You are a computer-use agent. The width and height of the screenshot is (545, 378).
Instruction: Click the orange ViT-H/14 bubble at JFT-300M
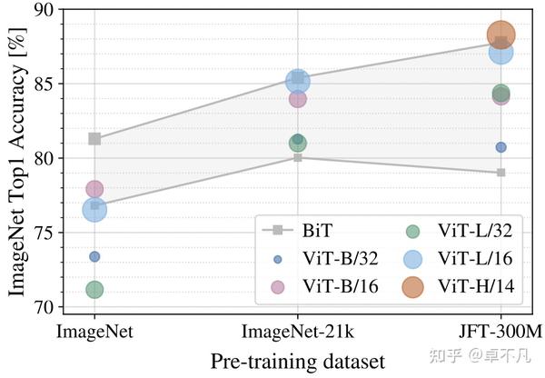501,35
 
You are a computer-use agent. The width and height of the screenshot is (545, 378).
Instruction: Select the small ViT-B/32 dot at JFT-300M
501,147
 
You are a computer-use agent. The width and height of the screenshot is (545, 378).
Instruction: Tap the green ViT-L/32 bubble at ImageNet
94,290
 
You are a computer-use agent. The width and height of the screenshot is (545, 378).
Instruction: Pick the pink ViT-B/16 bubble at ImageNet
94,189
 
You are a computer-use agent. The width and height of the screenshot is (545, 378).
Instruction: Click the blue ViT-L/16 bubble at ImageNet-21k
298,81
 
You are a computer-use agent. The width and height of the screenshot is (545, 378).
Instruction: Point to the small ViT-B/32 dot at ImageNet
94,256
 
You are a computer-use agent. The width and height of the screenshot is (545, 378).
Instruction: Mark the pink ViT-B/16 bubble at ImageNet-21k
298,98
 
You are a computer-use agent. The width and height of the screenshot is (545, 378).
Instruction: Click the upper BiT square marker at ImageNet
94,139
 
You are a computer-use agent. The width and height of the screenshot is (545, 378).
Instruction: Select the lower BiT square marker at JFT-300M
501,172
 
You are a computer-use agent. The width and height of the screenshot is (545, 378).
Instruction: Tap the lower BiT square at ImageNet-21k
298,157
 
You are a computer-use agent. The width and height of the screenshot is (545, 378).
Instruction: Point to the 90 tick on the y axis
42,10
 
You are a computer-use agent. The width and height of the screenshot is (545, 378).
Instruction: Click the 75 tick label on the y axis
42,233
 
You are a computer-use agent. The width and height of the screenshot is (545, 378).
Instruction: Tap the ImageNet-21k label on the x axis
298,329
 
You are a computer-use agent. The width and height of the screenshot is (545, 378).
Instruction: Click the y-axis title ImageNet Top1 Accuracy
16,159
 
